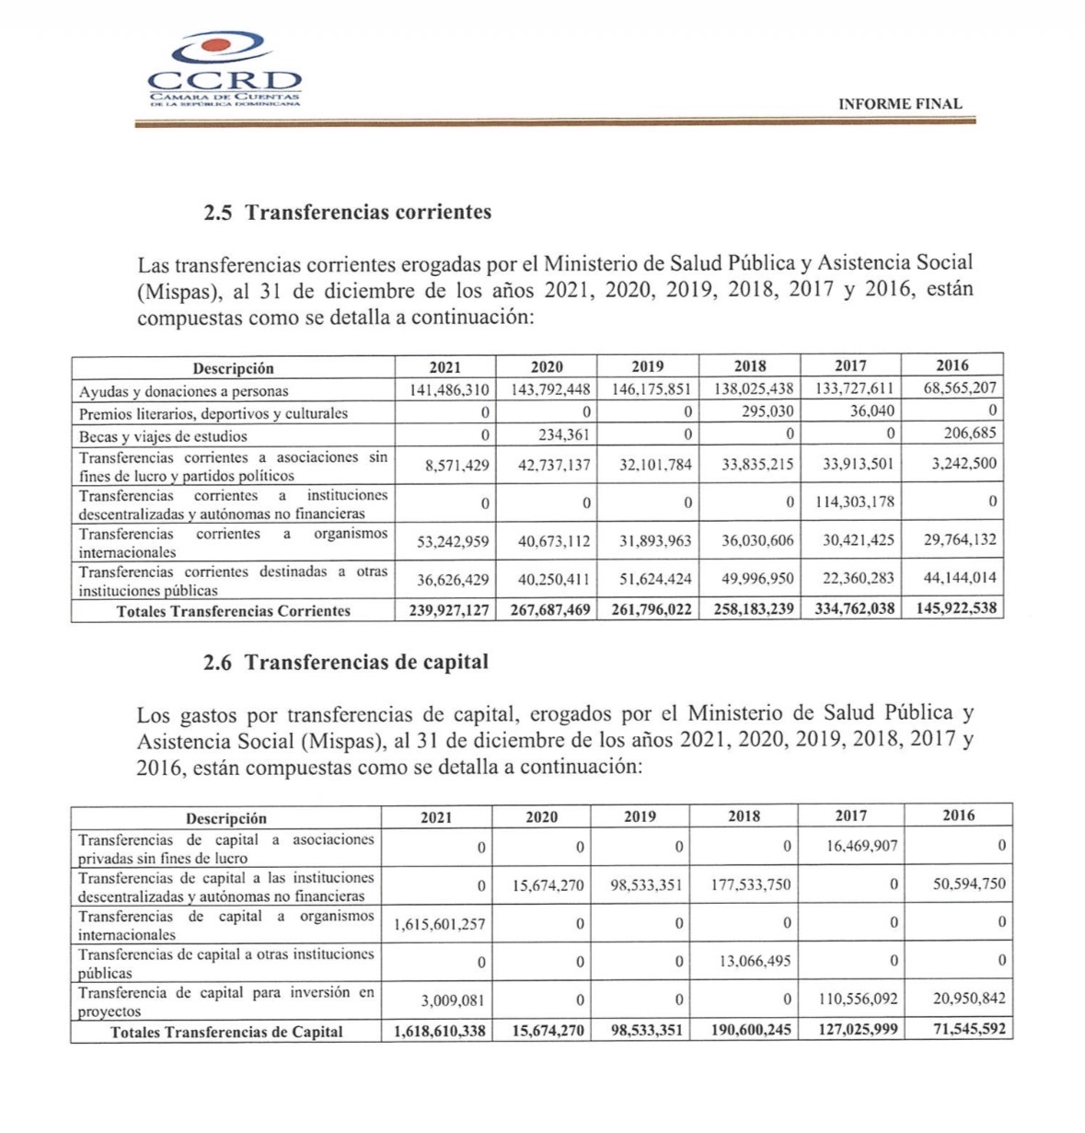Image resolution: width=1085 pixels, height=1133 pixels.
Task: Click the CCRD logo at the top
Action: [x=225, y=70]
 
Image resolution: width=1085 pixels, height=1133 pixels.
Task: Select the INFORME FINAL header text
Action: [x=899, y=105]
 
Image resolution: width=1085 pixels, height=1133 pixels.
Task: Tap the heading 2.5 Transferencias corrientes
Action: [x=348, y=213]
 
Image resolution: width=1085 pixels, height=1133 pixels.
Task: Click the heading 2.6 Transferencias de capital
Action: [x=346, y=662]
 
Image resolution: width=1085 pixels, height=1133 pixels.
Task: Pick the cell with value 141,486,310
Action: [x=448, y=390]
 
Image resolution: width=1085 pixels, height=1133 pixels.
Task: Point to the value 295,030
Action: [x=768, y=412]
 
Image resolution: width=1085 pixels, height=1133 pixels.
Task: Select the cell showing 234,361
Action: [x=564, y=434]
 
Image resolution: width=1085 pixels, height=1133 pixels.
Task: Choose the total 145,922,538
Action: [x=956, y=608]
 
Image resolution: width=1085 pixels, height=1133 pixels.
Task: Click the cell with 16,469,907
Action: [x=861, y=845]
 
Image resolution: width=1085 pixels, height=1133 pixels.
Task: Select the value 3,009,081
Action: [x=454, y=1000]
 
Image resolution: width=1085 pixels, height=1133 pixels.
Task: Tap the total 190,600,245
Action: [x=751, y=1030]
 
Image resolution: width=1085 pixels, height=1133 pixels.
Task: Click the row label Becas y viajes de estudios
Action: [x=163, y=436]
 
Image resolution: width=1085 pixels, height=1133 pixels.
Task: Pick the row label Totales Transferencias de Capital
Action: [x=226, y=1032]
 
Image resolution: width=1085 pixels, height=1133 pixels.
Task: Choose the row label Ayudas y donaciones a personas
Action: [x=183, y=391]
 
